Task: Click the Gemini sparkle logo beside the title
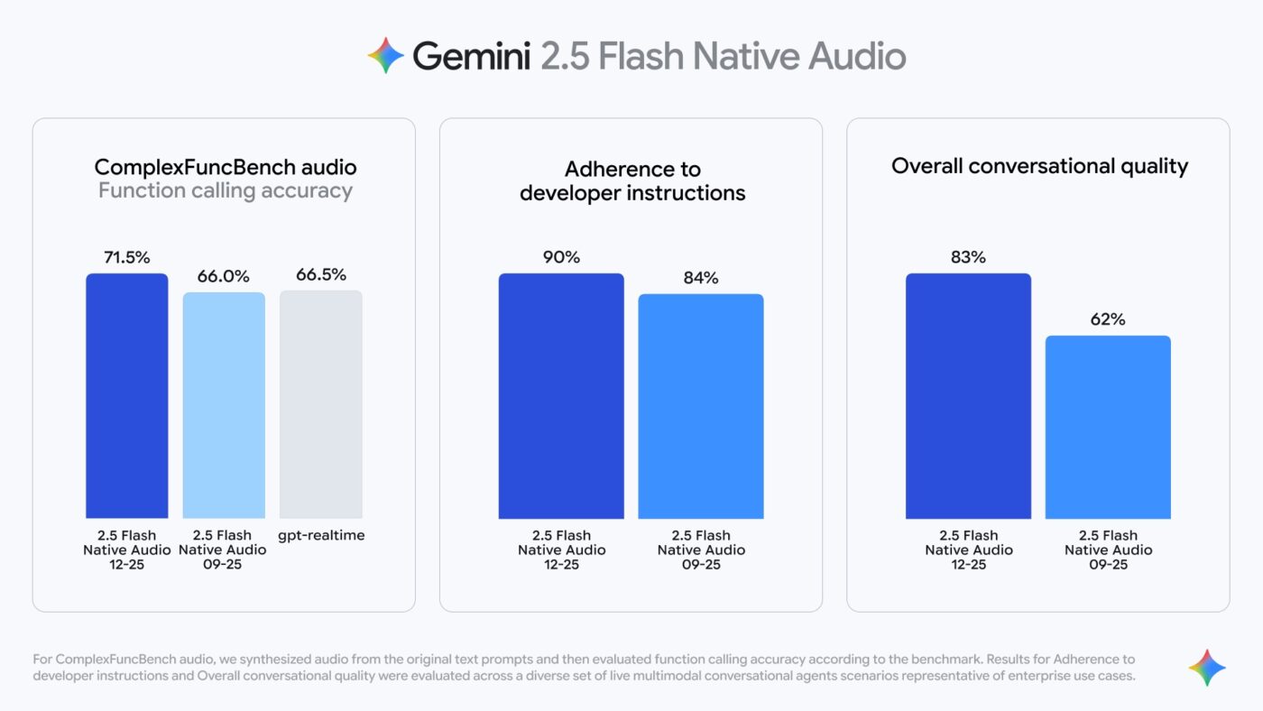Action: click(x=386, y=56)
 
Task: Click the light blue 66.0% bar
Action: click(x=224, y=405)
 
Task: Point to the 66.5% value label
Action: click(x=321, y=274)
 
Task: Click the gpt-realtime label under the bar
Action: click(x=321, y=536)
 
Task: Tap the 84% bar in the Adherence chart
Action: click(x=701, y=406)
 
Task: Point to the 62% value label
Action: click(x=1108, y=319)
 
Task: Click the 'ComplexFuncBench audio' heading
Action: click(x=226, y=167)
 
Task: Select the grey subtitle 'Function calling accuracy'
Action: click(x=226, y=190)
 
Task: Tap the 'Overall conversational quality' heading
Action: click(x=1039, y=166)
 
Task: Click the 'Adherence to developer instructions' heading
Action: click(x=632, y=180)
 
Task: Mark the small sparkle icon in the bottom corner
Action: click(x=1207, y=668)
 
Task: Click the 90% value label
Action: click(x=561, y=257)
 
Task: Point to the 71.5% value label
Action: click(x=126, y=257)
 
